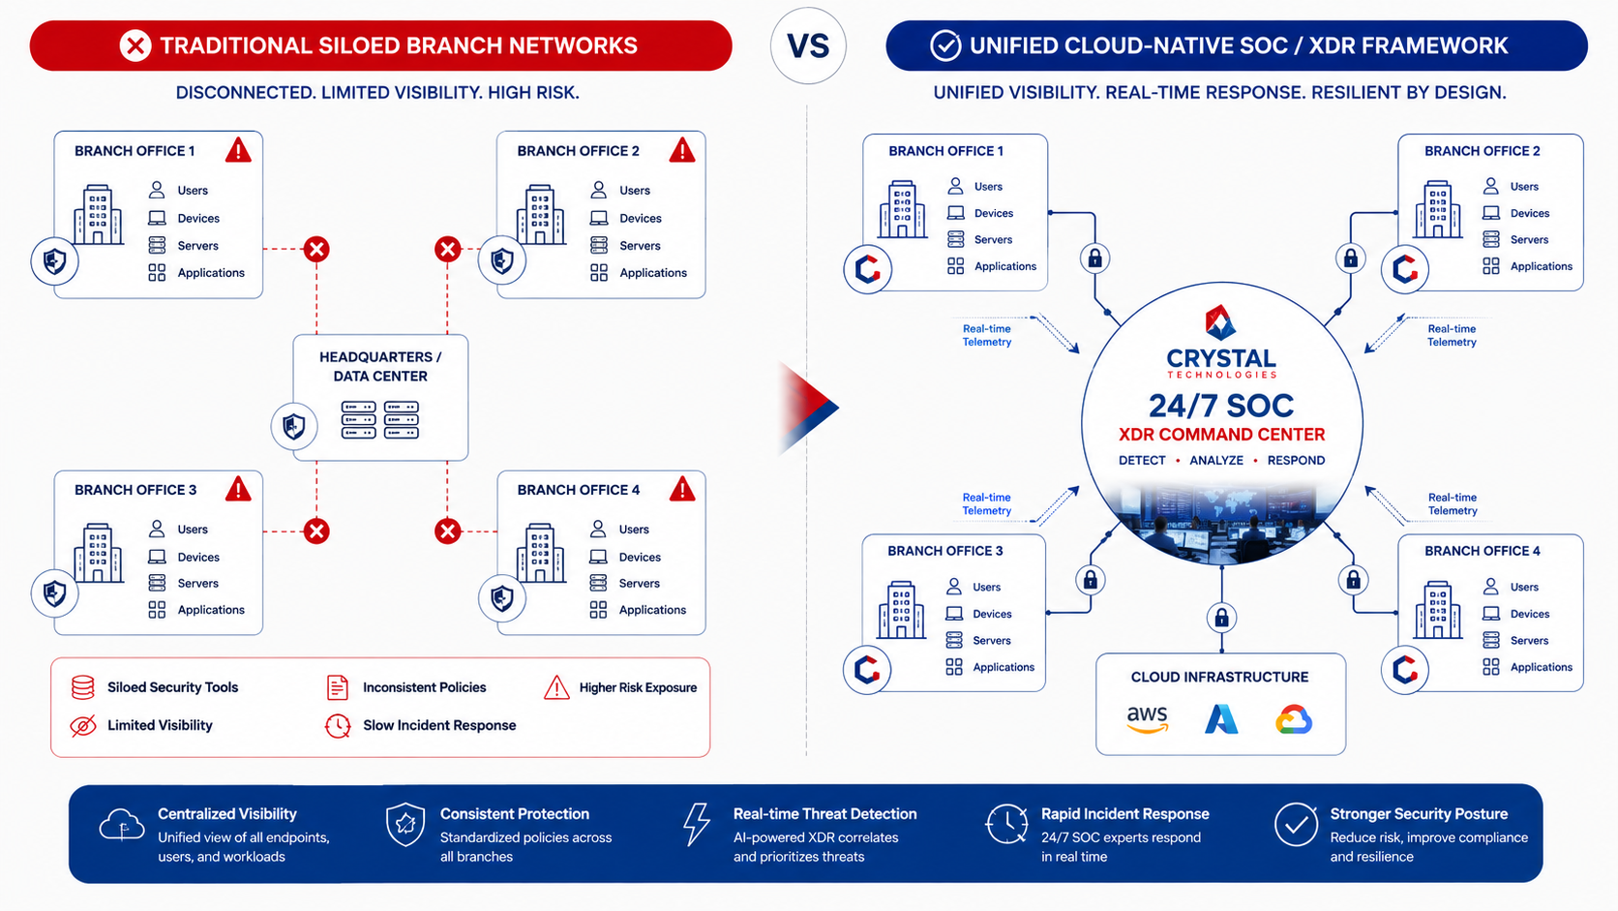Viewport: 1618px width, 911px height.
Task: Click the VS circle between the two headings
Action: pyautogui.click(x=808, y=46)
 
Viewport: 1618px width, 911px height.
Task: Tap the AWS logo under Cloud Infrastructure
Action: pyautogui.click(x=1147, y=719)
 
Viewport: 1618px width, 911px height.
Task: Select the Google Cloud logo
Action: pyautogui.click(x=1293, y=719)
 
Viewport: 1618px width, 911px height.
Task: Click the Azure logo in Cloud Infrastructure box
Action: pyautogui.click(x=1220, y=719)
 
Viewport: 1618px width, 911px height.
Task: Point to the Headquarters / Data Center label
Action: pyautogui.click(x=380, y=366)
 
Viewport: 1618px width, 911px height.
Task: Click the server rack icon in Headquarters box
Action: pyautogui.click(x=380, y=420)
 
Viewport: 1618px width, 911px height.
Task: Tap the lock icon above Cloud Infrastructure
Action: pyautogui.click(x=1221, y=618)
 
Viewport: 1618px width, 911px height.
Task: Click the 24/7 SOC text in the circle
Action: pyautogui.click(x=1220, y=406)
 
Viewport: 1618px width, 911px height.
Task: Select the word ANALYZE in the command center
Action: pyautogui.click(x=1216, y=460)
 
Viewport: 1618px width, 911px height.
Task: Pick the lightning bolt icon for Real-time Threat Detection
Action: pyautogui.click(x=697, y=824)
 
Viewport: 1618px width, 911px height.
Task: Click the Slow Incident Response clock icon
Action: pyautogui.click(x=338, y=725)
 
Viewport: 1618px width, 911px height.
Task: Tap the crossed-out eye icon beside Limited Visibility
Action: pyautogui.click(x=83, y=725)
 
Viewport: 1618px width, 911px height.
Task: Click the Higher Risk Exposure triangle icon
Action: pyautogui.click(x=556, y=687)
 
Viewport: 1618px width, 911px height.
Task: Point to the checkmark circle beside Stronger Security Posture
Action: pyautogui.click(x=1296, y=824)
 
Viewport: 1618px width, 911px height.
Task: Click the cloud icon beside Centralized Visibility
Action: pyautogui.click(x=121, y=825)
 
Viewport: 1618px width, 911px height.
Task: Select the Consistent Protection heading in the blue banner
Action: pyautogui.click(x=514, y=814)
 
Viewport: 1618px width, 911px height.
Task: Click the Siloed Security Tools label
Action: pyautogui.click(x=172, y=687)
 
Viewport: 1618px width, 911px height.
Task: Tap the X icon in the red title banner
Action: pyautogui.click(x=135, y=46)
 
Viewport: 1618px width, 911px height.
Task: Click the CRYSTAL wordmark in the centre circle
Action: pyautogui.click(x=1220, y=358)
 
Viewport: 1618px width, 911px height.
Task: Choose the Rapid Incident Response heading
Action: pyautogui.click(x=1124, y=814)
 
